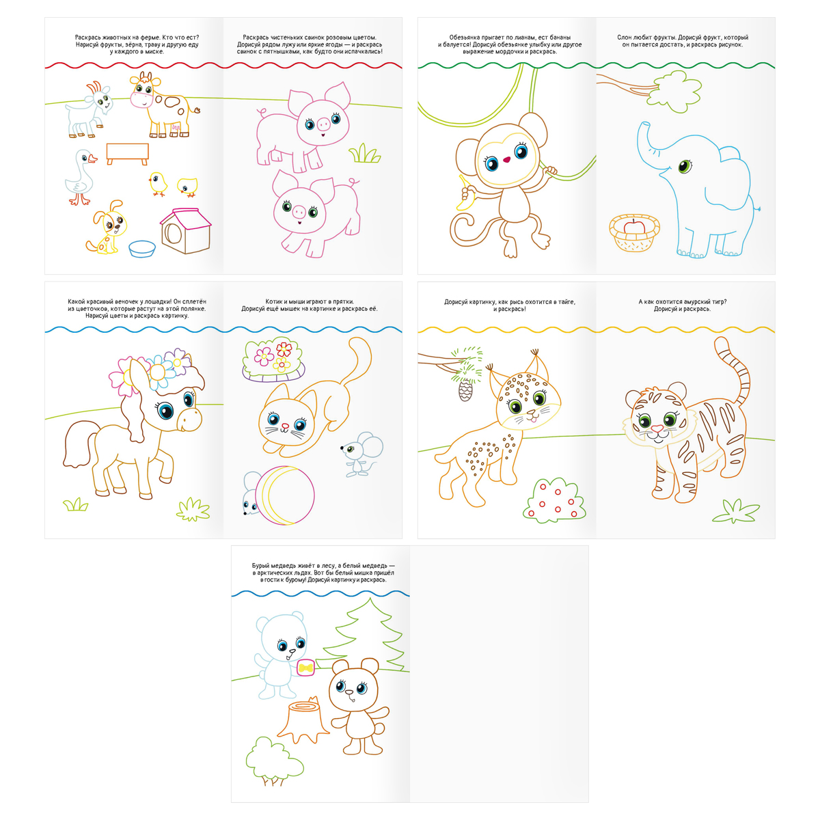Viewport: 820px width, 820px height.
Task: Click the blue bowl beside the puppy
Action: point(142,249)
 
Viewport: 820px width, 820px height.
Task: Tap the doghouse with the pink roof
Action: point(186,231)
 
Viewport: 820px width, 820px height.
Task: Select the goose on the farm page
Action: point(81,176)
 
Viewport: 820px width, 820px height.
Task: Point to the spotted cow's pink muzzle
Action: point(141,100)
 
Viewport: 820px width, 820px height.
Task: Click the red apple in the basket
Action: point(634,226)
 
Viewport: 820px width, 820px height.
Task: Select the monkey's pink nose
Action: point(506,160)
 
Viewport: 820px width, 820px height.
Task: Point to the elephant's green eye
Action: point(685,165)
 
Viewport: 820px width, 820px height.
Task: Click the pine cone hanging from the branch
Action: point(465,389)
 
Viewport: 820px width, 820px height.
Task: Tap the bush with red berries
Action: point(554,500)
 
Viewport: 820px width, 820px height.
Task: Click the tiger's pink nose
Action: point(657,428)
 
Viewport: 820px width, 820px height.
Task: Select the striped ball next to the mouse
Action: point(287,495)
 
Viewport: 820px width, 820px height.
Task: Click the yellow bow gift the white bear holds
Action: point(305,668)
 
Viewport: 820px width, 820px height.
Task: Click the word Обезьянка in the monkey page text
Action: point(465,38)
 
